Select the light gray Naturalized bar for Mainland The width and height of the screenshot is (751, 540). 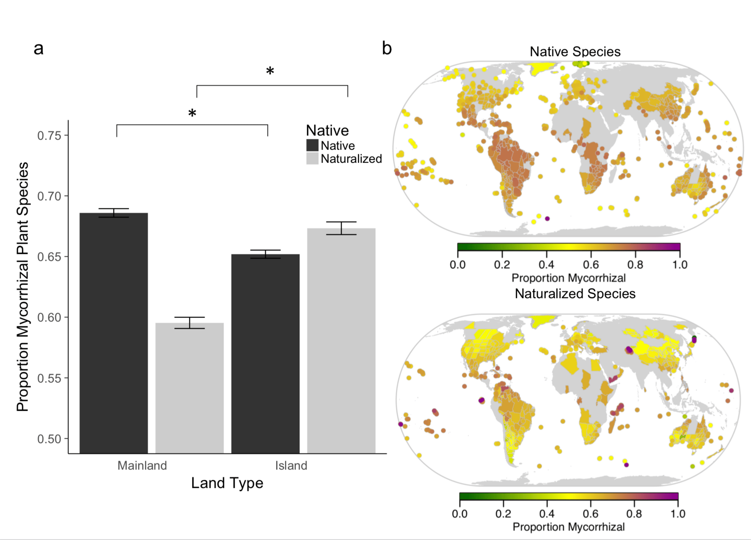189,387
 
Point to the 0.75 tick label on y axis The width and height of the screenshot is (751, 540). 49,135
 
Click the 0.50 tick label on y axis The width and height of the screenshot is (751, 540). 49,439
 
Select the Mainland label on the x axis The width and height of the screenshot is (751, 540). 142,466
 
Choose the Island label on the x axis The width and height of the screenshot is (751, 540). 291,466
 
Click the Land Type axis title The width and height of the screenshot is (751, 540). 227,483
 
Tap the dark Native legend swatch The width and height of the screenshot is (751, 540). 312,145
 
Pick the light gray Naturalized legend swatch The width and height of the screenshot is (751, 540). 312,158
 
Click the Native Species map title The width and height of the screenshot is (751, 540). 575,51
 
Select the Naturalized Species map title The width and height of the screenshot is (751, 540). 575,293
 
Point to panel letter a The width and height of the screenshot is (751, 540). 38,49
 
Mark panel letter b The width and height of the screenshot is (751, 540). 387,49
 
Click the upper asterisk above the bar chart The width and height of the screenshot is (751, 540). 270,71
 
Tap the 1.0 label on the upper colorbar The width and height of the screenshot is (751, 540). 680,265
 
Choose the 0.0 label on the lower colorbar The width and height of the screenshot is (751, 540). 459,514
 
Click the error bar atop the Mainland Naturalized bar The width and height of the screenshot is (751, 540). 189,323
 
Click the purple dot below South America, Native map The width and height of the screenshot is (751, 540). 547,219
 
